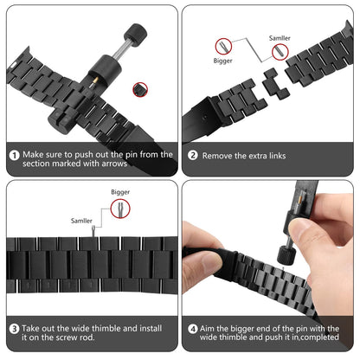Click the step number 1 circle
pos(14,156)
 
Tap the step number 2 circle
pos(193,155)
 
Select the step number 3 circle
pos(14,329)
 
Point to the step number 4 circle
pos(193,329)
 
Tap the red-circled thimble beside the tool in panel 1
pos(140,90)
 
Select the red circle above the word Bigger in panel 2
pos(223,47)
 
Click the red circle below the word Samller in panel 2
pos(280,52)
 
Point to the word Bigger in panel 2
pos(222,61)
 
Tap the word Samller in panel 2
pos(280,38)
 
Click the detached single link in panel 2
pos(275,84)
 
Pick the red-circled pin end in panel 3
pos(120,209)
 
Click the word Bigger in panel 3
pos(120,192)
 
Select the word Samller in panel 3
pos(81,221)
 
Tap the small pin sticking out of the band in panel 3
pos(93,232)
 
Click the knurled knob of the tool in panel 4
pos(286,254)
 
